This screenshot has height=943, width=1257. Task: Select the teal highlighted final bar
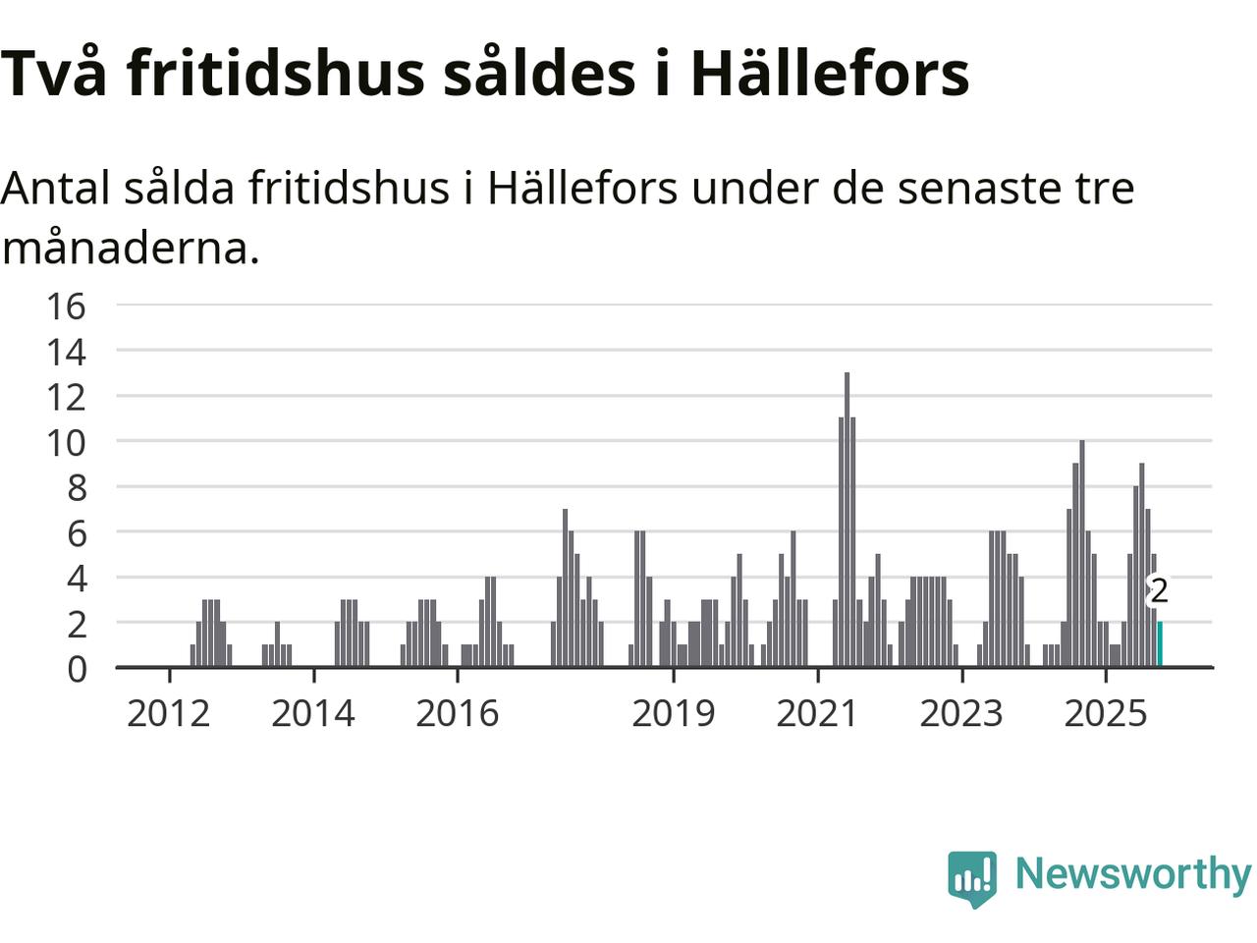(1160, 644)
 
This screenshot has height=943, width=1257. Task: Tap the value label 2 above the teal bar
(1159, 591)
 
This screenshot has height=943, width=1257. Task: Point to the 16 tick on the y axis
(66, 305)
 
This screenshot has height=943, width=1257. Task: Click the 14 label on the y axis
(66, 351)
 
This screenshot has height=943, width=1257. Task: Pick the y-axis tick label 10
(66, 442)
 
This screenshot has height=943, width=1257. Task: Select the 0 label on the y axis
(76, 669)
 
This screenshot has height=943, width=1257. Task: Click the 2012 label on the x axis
(169, 713)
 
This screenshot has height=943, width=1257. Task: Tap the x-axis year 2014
(313, 713)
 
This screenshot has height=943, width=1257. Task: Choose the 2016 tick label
(458, 713)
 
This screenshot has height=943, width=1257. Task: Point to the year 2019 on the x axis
(674, 713)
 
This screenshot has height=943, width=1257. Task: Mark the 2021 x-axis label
(817, 713)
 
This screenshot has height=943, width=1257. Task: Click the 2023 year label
(961, 713)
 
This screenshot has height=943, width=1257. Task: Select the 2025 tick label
(1106, 713)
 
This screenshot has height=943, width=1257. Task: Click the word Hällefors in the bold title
(830, 73)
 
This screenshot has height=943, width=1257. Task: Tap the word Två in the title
(54, 73)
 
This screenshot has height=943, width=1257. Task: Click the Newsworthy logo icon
(972, 877)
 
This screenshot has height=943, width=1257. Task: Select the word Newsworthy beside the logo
(1133, 873)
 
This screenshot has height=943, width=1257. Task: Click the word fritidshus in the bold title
(277, 73)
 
